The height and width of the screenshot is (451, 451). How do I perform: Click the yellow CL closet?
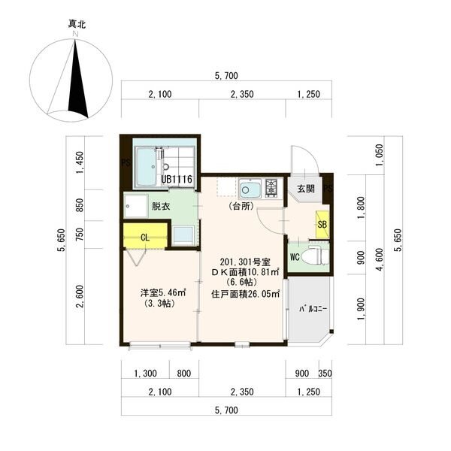point(146,235)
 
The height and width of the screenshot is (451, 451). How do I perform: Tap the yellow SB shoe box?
point(322,224)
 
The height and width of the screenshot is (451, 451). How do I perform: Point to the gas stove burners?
point(271,188)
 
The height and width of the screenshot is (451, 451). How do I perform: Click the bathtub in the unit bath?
point(146,167)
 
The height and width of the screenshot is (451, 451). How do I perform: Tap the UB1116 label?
point(177,180)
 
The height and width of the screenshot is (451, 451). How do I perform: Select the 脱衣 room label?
point(161,206)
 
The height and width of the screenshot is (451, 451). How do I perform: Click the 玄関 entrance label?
point(306,189)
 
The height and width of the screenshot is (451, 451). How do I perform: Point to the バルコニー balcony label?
point(313,309)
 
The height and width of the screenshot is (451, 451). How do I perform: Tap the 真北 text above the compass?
point(77,24)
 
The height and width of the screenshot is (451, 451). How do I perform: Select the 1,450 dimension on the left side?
point(80,162)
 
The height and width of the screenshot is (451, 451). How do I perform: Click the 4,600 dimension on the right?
point(380,259)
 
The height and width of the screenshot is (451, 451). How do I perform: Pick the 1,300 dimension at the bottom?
point(146,374)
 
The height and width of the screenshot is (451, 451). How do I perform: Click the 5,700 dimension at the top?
point(227,76)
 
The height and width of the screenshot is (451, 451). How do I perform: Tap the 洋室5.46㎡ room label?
point(162,293)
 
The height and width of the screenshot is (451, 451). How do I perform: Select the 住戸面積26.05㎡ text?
point(246,294)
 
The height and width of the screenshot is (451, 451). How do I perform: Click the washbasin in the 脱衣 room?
point(136,206)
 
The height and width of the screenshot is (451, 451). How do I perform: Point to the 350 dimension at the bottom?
point(325,374)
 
